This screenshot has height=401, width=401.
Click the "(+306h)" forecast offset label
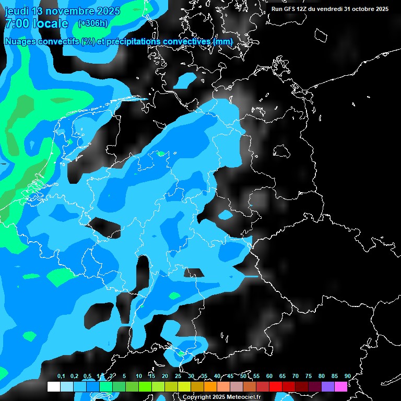tap(92, 23)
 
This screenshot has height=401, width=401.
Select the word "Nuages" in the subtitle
tap(20, 41)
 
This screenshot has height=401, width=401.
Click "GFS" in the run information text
tap(292, 9)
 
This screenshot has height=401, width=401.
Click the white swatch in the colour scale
tap(53, 386)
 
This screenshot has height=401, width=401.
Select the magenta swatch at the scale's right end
tap(341, 386)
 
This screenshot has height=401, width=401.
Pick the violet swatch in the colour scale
tap(328, 386)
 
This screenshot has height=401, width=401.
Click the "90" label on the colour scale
tap(347, 376)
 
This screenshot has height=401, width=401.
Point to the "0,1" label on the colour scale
tap(61, 376)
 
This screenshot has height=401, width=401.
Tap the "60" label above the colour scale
tap(269, 376)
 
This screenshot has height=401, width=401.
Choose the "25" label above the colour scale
tap(178, 376)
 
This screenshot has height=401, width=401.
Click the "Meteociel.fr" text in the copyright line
tap(244, 397)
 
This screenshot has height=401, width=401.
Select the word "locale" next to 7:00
tap(50, 23)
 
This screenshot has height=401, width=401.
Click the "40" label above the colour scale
tap(217, 376)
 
